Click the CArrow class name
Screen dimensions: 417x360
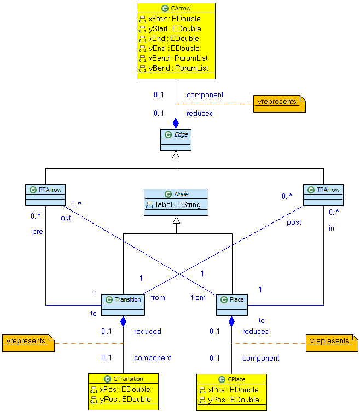pyautogui.click(x=181, y=9)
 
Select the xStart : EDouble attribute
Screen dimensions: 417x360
pyautogui.click(x=174, y=19)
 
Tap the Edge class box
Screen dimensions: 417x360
pyautogui.click(x=175, y=140)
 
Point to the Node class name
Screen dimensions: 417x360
pyautogui.click(x=181, y=194)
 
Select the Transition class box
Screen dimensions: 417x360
pyautogui.click(x=123, y=305)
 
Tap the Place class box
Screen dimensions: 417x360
pyautogui.click(x=232, y=305)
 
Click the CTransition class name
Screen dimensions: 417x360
pyautogui.click(x=127, y=379)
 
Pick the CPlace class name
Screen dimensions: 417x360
pyautogui.click(x=235, y=379)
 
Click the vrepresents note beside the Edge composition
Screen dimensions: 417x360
pyautogui.click(x=278, y=102)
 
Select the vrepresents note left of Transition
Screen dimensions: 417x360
pyautogui.click(x=27, y=342)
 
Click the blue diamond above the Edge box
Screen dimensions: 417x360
pyautogui.click(x=176, y=123)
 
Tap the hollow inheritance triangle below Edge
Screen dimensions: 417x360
pyautogui.click(x=176, y=155)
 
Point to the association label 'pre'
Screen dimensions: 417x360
pyautogui.click(x=37, y=232)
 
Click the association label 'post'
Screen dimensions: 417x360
pyautogui.click(x=294, y=222)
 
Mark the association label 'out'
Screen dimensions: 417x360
pyautogui.click(x=66, y=218)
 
